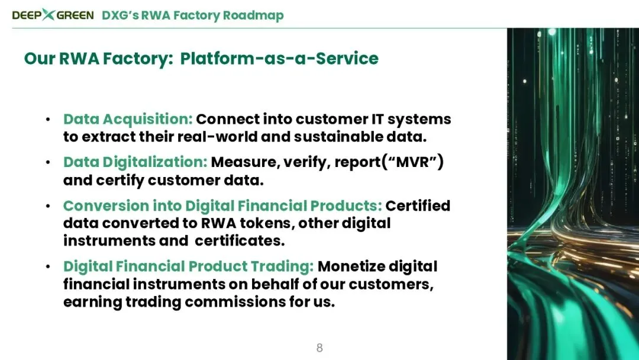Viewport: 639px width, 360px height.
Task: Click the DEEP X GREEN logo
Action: click(x=53, y=15)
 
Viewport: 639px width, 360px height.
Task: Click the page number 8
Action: click(x=319, y=348)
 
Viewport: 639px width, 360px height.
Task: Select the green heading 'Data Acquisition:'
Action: click(x=128, y=119)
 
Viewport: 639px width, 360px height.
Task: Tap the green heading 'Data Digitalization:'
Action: click(x=135, y=162)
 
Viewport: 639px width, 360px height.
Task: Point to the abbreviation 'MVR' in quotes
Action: click(x=413, y=162)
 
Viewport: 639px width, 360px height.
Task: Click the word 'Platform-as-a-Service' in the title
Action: click(x=279, y=58)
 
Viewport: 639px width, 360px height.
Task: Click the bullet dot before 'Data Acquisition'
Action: click(x=48, y=120)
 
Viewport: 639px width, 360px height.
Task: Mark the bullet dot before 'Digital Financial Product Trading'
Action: click(x=48, y=266)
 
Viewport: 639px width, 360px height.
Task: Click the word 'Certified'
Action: click(x=418, y=206)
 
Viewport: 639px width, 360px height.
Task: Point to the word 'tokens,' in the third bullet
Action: click(x=269, y=223)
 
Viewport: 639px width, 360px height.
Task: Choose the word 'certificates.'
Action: click(x=240, y=241)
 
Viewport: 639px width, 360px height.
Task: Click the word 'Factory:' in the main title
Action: click(x=138, y=59)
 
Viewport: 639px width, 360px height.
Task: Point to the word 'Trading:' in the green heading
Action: click(x=282, y=266)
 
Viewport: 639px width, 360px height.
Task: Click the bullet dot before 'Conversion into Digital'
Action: click(x=48, y=206)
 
